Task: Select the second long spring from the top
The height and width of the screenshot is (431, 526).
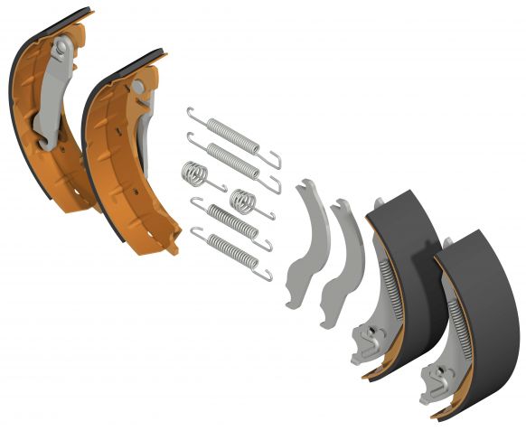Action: (x=233, y=159)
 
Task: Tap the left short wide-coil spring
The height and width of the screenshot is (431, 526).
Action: (x=197, y=173)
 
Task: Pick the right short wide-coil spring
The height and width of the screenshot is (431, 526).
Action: (x=243, y=200)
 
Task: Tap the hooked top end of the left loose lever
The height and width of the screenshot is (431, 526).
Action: (x=305, y=184)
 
